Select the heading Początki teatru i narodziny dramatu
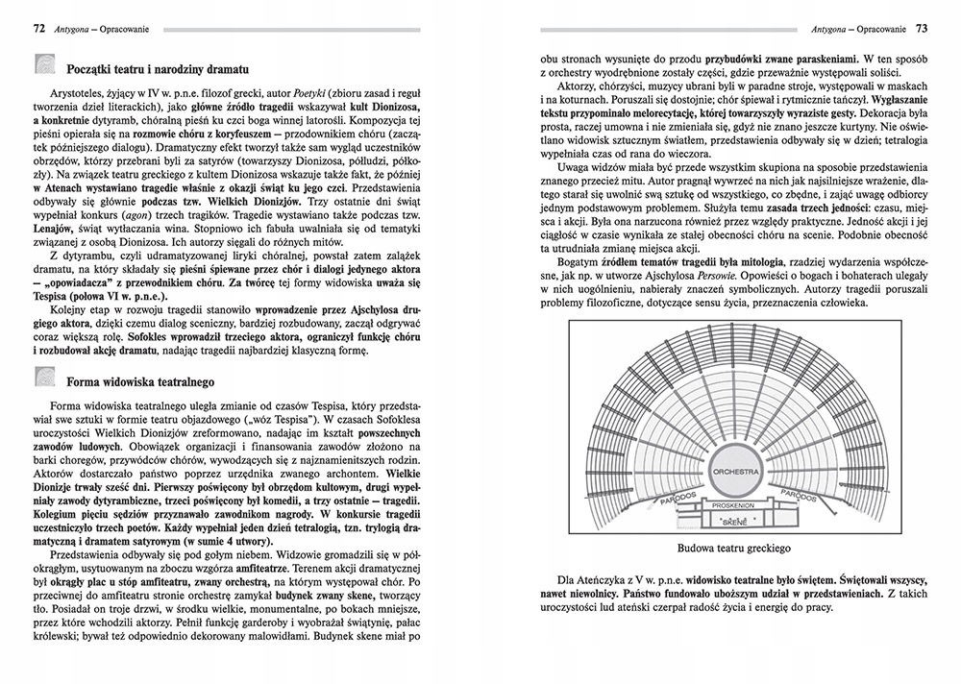pos(159,70)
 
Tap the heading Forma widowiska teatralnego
pos(144,379)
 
